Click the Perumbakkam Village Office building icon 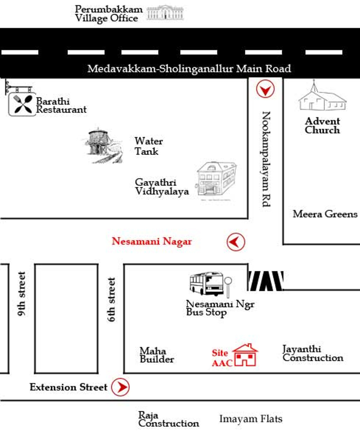tap(165, 13)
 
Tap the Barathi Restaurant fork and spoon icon tap(22, 104)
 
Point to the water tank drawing tap(103, 145)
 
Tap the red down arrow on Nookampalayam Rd tap(265, 89)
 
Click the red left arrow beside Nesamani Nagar tap(236, 242)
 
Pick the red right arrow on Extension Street tap(120, 387)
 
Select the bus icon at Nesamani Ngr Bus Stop tap(206, 284)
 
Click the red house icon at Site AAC tap(245, 355)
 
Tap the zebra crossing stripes tap(265, 280)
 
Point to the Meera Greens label tap(325, 214)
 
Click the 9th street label tap(22, 294)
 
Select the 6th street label tap(111, 300)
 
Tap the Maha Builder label tap(157, 355)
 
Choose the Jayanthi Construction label tap(313, 353)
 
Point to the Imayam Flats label tap(251, 419)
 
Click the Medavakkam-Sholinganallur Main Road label tap(189, 68)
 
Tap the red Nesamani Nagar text tap(152, 241)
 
